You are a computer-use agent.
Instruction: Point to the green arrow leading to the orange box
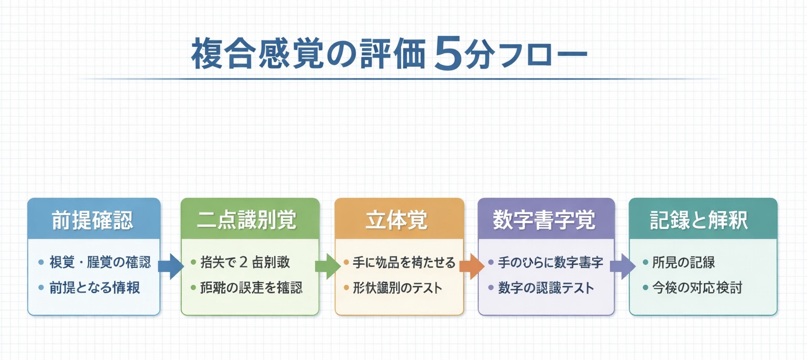[327, 266]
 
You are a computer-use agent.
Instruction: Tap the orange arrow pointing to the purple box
[471, 266]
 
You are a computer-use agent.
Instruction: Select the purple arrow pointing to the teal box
[622, 266]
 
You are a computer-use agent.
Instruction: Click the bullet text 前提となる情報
[95, 288]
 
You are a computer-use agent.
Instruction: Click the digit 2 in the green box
[243, 262]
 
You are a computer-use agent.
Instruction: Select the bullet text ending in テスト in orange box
[397, 288]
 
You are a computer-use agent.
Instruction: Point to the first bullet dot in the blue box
[41, 262]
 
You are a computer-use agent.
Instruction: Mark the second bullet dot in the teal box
[645, 288]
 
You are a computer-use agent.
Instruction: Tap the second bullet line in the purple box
[546, 288]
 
